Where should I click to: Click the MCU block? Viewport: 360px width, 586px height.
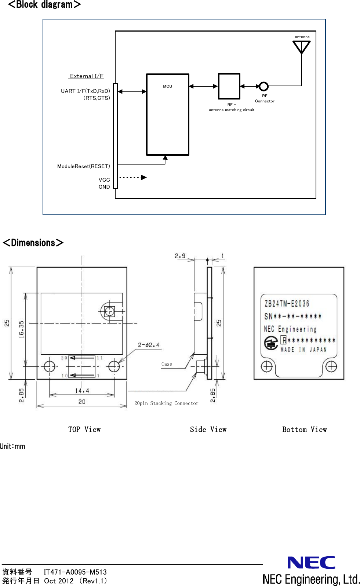coord(167,115)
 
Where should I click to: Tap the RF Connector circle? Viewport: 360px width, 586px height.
coord(263,87)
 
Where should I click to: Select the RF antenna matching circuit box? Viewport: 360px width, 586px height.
coord(229,86)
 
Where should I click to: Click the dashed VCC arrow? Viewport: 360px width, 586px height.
coord(132,177)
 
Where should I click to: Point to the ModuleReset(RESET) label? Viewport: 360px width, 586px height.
coord(83,166)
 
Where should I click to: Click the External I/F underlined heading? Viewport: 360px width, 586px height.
coord(87,76)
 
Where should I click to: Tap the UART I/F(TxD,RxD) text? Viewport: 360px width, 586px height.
coord(85,91)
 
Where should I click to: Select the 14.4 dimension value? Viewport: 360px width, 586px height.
coord(82,391)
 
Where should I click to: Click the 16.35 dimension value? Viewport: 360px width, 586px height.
coord(21,329)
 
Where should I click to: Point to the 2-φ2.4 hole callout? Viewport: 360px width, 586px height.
coord(149,345)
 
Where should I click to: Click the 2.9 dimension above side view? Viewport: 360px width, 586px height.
coord(180,256)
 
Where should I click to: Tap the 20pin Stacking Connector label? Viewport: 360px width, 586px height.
coord(166,403)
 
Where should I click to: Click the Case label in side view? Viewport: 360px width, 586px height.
coord(167,364)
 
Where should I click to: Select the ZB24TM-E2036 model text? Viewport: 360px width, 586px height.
coord(287,304)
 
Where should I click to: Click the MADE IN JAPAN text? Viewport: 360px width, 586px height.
coord(303,350)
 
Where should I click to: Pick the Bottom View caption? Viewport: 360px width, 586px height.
coord(304,430)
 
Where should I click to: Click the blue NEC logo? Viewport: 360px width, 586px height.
coord(311,563)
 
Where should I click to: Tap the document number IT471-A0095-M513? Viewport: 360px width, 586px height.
coord(75,572)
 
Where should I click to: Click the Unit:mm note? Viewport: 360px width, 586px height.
coord(12,446)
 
